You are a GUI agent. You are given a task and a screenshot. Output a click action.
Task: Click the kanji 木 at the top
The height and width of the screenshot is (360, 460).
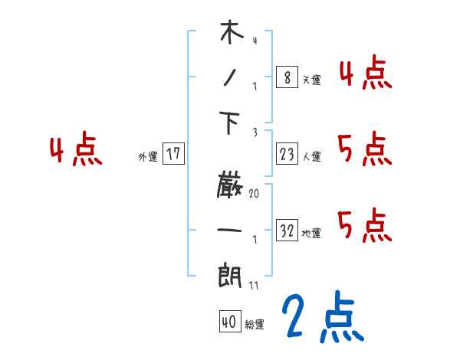pos(231,34)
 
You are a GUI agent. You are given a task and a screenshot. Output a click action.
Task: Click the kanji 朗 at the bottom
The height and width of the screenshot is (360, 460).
pos(231,273)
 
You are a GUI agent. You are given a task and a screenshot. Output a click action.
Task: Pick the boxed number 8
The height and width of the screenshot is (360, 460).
pos(286,77)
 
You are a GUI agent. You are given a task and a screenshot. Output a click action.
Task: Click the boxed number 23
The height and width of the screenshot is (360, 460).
pos(287,153)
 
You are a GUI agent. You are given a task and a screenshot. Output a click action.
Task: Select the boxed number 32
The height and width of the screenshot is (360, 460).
pos(287,230)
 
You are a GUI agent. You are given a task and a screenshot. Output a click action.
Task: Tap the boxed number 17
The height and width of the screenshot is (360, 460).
pos(173,153)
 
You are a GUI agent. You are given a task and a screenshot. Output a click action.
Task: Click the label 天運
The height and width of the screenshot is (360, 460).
pos(311,80)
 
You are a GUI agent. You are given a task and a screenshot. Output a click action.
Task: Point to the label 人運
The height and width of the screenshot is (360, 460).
pos(311,156)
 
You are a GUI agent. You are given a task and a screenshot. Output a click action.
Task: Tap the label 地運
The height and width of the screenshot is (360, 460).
pos(311,233)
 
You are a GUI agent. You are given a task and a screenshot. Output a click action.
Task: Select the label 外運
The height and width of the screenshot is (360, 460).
pos(147,156)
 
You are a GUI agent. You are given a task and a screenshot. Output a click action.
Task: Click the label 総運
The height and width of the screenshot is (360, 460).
pos(255,325)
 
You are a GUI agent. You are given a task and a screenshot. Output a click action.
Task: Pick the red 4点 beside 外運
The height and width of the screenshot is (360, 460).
pos(77,151)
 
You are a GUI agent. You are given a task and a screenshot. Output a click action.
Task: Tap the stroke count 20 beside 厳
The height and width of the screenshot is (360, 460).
pos(254,195)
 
